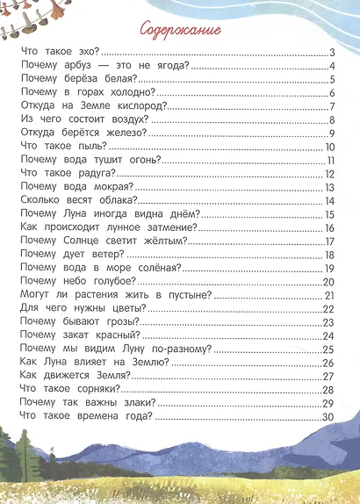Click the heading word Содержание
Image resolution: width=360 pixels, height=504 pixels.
180,29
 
